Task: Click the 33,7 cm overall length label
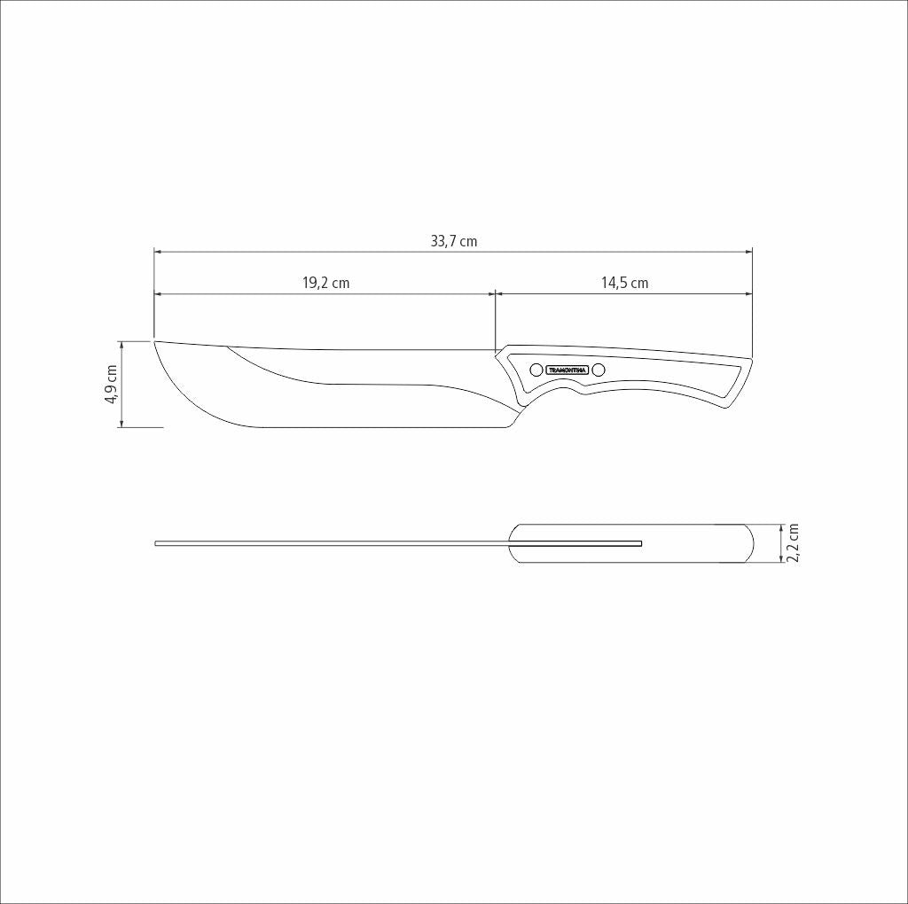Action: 453,241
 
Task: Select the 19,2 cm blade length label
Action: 325,283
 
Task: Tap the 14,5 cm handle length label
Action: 624,283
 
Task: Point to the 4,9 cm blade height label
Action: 112,384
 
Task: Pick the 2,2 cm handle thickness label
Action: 794,542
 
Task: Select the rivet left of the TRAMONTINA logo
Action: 536,370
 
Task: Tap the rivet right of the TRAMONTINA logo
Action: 599,370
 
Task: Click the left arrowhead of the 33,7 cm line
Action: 158,253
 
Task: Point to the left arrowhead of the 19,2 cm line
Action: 158,293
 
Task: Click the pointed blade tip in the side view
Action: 155,341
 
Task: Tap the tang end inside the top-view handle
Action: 640,542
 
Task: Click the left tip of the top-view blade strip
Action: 157,542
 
